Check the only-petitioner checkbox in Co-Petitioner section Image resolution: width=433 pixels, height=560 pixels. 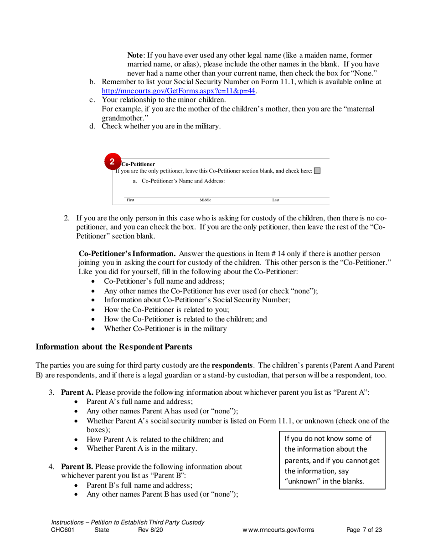click(317, 171)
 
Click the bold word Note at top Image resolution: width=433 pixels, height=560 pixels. click(135, 55)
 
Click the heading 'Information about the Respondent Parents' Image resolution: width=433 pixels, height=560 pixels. click(114, 346)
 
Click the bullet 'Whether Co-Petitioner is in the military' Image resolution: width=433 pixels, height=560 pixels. click(165, 328)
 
